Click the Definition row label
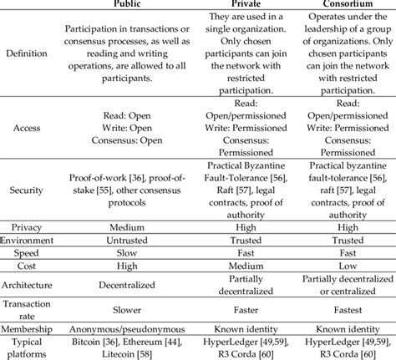27,56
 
